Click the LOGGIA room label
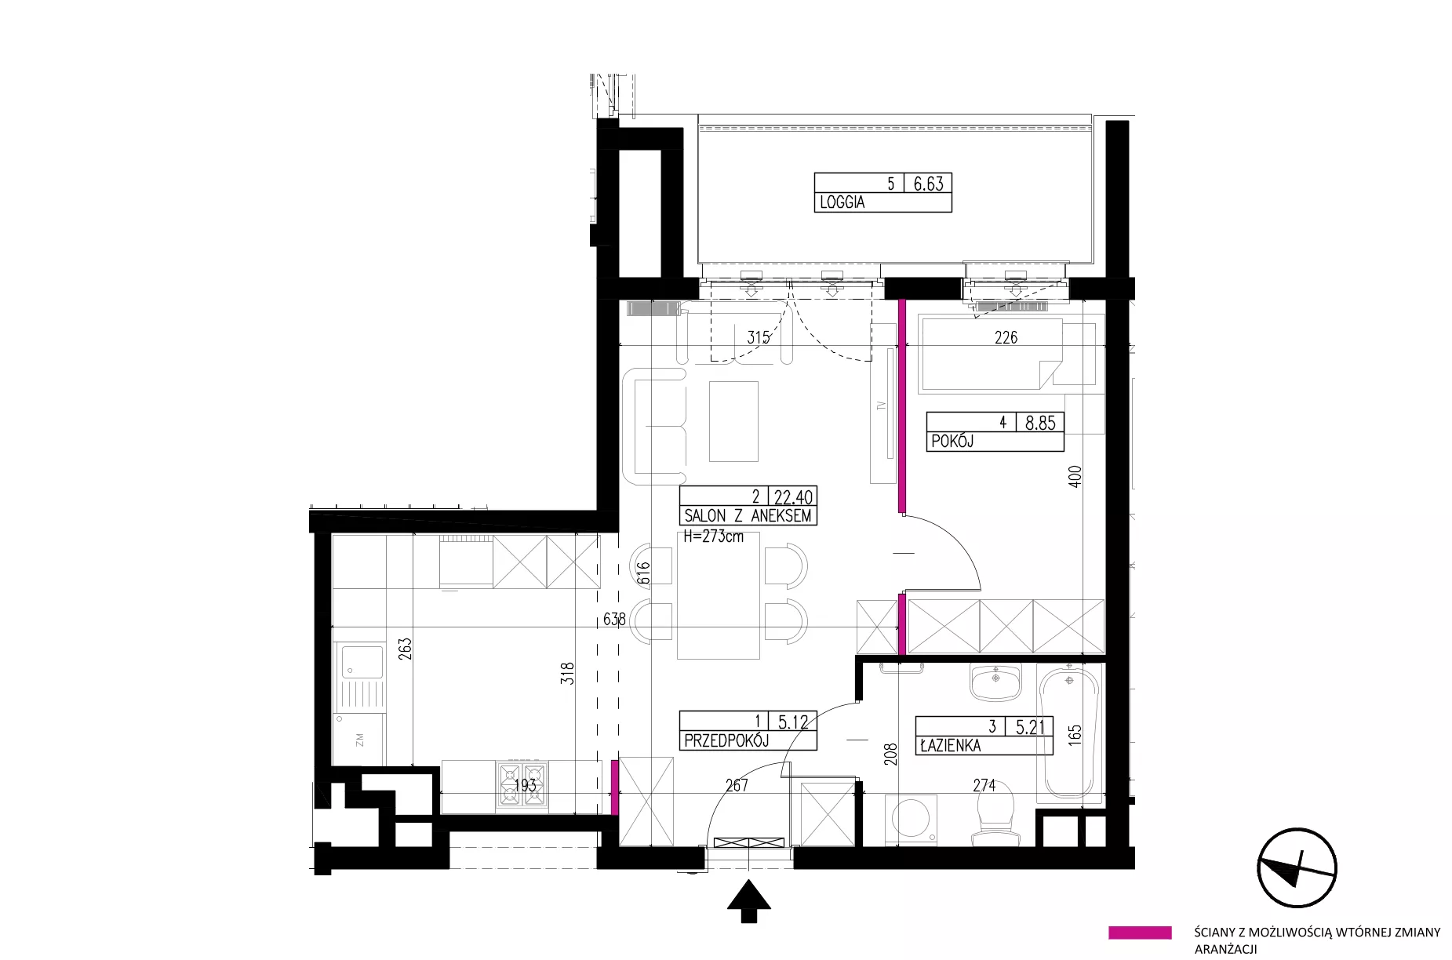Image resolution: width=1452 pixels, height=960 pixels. [x=842, y=202]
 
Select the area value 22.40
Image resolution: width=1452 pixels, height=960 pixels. [x=794, y=497]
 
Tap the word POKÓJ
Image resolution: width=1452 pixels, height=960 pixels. [x=952, y=442]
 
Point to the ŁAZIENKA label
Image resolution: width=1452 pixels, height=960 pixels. [x=950, y=746]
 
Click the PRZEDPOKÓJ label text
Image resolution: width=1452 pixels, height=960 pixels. [x=726, y=740]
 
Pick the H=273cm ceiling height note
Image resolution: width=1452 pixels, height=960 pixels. [x=713, y=537]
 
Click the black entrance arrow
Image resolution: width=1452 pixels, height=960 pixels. [x=749, y=901]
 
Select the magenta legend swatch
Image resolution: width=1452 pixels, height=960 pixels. [x=1140, y=933]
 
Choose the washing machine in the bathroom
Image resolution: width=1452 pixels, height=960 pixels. [x=912, y=820]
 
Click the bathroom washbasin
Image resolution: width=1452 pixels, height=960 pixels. [x=996, y=681]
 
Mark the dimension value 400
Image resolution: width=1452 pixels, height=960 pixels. [x=1075, y=477]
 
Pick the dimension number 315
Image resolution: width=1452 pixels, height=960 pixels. [x=759, y=338]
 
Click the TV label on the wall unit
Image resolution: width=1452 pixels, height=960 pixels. [x=881, y=405]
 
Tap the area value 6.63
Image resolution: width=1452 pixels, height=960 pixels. [x=929, y=184]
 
